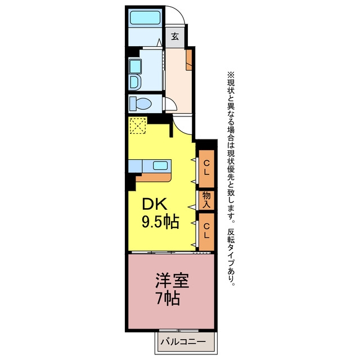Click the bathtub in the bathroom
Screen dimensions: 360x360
click(x=145, y=17)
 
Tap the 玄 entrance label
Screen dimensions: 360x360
click(x=175, y=37)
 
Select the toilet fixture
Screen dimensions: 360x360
click(x=140, y=103)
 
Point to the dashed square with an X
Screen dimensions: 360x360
click(x=138, y=125)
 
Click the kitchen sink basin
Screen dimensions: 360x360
click(x=160, y=165)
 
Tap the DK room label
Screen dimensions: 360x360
click(x=154, y=204)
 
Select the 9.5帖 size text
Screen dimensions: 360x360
click(x=160, y=222)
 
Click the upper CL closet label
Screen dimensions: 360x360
click(x=206, y=168)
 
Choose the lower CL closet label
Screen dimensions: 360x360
click(x=206, y=231)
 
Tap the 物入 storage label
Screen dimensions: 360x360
click(x=206, y=200)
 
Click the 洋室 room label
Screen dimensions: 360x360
click(x=172, y=280)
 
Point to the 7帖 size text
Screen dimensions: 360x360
click(x=168, y=298)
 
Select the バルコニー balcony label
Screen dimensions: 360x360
click(x=183, y=341)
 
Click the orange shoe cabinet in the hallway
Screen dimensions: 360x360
click(x=189, y=60)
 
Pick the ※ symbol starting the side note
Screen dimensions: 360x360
click(x=231, y=75)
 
